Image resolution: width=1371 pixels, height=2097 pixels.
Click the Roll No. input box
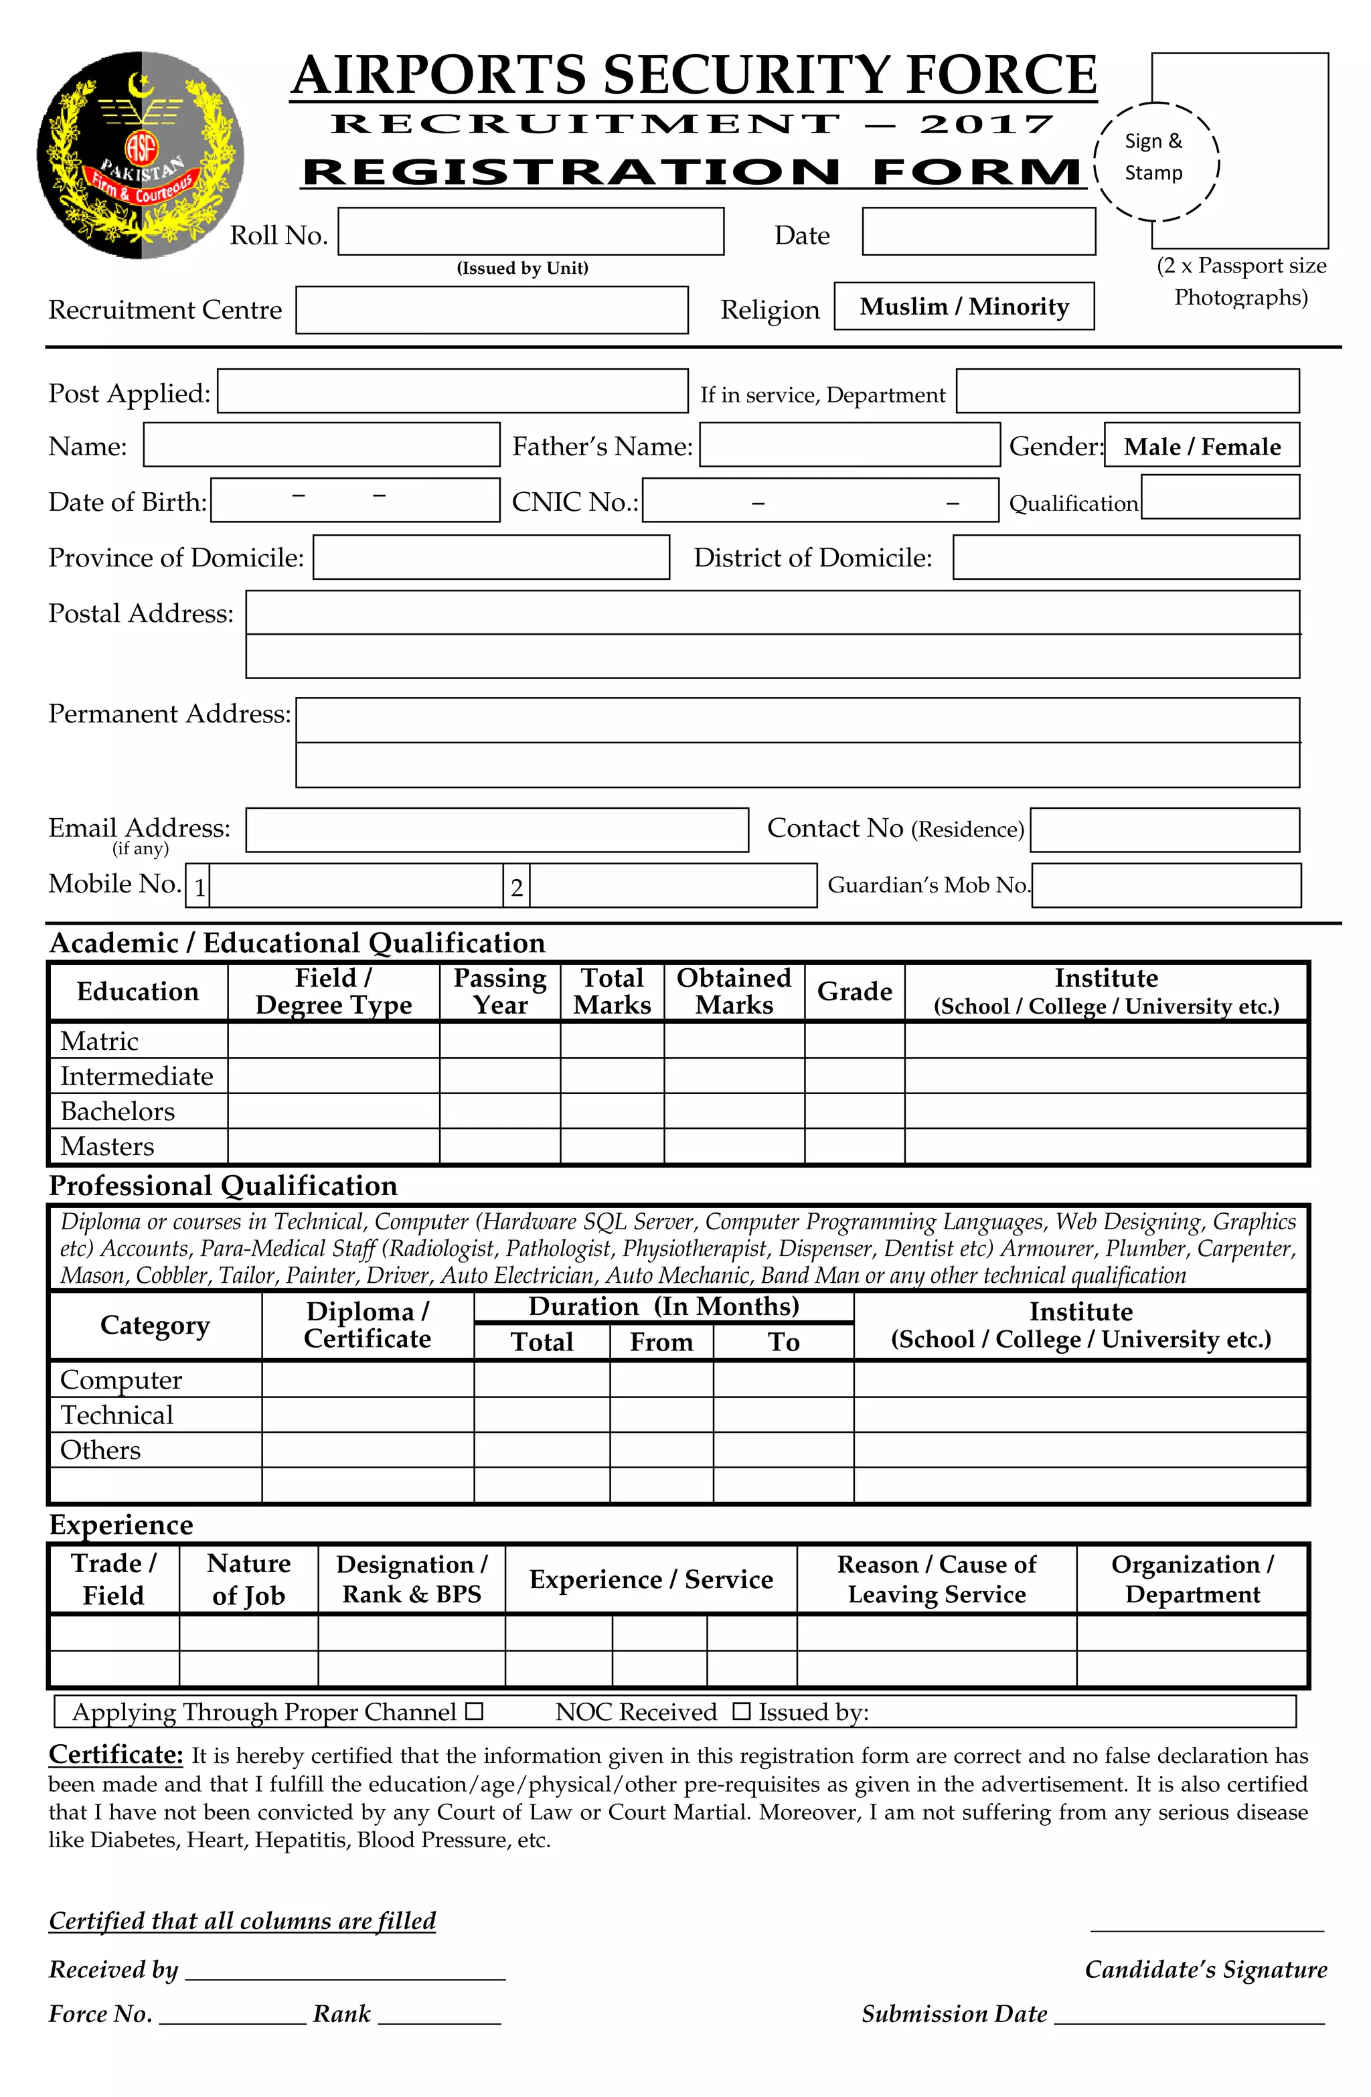(530, 232)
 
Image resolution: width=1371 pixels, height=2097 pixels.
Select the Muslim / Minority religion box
(963, 307)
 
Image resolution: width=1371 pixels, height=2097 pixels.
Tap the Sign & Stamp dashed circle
(1155, 161)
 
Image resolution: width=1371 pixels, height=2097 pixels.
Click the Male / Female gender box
(1201, 447)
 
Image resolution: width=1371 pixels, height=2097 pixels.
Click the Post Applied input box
(452, 391)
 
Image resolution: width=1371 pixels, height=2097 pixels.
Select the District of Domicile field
(1125, 558)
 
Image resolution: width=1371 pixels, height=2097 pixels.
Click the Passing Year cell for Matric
(499, 1040)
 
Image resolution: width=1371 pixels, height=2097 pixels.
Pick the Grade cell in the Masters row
(853, 1146)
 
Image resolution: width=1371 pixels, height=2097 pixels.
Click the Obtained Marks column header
(733, 991)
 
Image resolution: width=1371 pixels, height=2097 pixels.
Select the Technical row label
(116, 1415)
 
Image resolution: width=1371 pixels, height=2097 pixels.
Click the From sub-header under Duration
(661, 1342)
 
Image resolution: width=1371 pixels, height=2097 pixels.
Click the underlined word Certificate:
(115, 1754)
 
